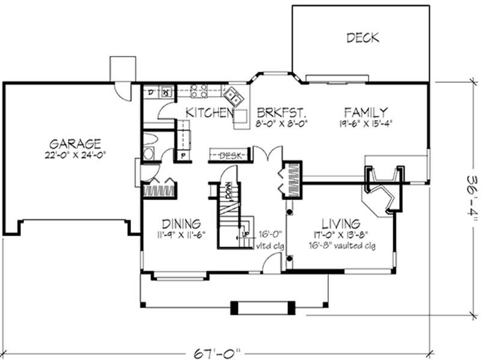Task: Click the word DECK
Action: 363,38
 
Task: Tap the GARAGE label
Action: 75,144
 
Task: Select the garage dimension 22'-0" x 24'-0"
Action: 75,155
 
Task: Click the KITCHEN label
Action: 209,112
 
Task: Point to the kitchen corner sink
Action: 233,94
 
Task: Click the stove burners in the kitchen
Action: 200,91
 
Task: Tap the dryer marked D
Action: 151,92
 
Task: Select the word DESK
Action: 229,156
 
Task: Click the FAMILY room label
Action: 366,112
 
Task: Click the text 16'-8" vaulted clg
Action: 340,245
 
